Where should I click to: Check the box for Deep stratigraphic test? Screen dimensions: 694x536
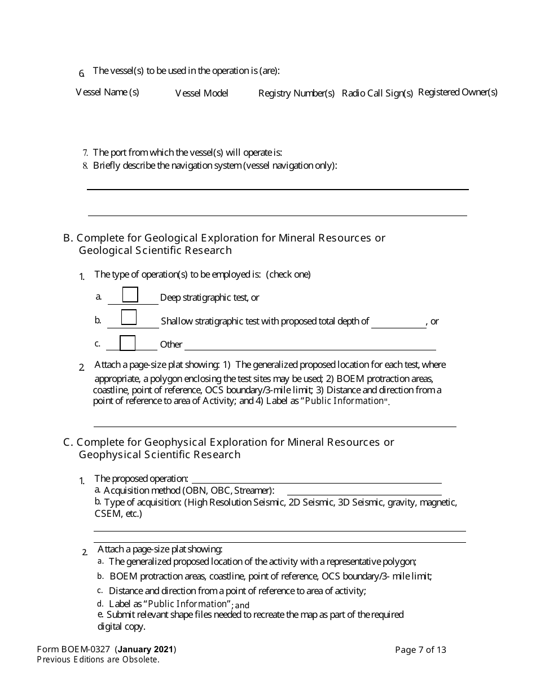point(130,295)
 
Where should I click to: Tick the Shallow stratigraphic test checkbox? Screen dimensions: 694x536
point(129,317)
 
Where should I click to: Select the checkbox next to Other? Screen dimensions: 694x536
point(128,343)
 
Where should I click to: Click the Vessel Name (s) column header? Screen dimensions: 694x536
point(107,92)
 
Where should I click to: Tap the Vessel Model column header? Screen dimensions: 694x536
point(201,93)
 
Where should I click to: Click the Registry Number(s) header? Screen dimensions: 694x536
point(296,93)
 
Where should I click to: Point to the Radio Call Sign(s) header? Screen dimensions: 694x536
point(377,93)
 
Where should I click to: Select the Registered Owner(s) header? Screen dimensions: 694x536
point(458,92)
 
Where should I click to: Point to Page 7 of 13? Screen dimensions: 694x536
point(420,649)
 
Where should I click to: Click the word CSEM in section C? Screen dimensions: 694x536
point(104,514)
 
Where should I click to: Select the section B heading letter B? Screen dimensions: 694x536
point(67,238)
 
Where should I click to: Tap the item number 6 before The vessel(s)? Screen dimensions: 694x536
point(82,73)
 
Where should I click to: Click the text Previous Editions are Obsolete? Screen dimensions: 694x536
point(98,660)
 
